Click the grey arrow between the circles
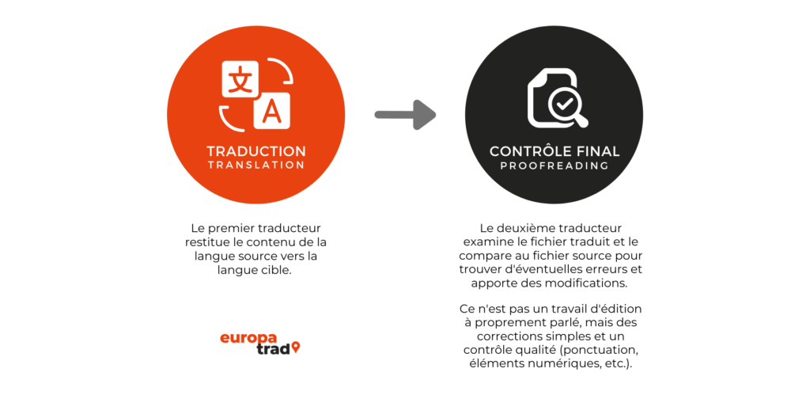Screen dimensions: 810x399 405,114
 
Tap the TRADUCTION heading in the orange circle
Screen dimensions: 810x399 256,151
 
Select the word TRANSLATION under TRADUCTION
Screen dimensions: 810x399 256,165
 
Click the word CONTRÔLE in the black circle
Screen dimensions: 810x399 528,151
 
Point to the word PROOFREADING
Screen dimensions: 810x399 555,166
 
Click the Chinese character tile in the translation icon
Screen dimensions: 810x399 240,78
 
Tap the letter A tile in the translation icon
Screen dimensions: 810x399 272,111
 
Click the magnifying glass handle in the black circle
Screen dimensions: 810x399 581,120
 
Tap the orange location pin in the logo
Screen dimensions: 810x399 296,348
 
